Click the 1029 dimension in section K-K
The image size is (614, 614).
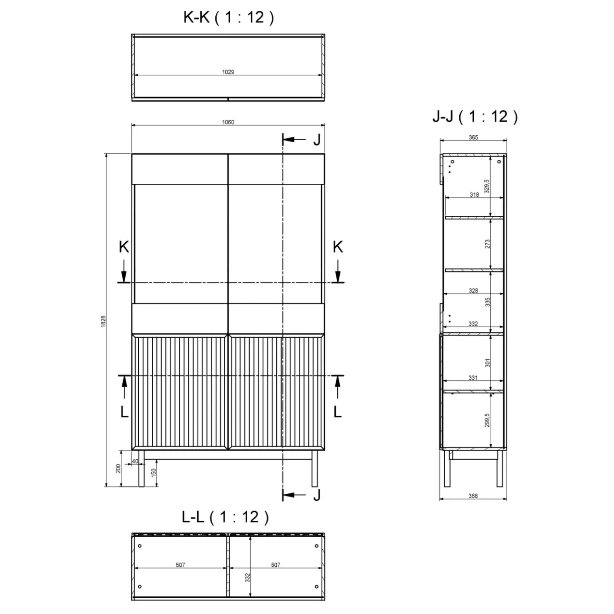point(228,72)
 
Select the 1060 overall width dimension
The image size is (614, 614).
point(228,122)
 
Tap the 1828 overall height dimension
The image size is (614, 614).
point(103,321)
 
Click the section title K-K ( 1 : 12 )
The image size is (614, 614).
point(229,17)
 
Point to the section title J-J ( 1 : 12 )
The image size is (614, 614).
point(475,117)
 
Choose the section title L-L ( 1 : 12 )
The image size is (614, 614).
point(225,517)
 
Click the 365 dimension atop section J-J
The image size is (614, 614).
point(473,137)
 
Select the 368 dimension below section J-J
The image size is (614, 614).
point(473,496)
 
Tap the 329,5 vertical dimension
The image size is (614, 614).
point(487,186)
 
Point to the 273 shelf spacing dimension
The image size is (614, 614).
point(487,244)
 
